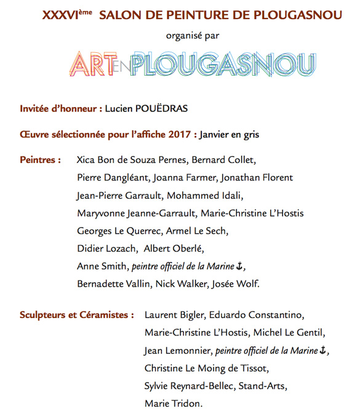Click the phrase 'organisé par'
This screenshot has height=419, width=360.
[x=192, y=36]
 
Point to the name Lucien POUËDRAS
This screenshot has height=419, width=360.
[x=146, y=108]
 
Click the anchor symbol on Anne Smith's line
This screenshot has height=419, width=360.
[x=241, y=266]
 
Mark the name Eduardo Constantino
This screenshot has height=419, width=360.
[x=256, y=315]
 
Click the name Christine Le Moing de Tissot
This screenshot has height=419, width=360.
[x=207, y=369]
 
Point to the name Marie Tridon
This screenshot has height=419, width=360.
[x=172, y=404]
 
